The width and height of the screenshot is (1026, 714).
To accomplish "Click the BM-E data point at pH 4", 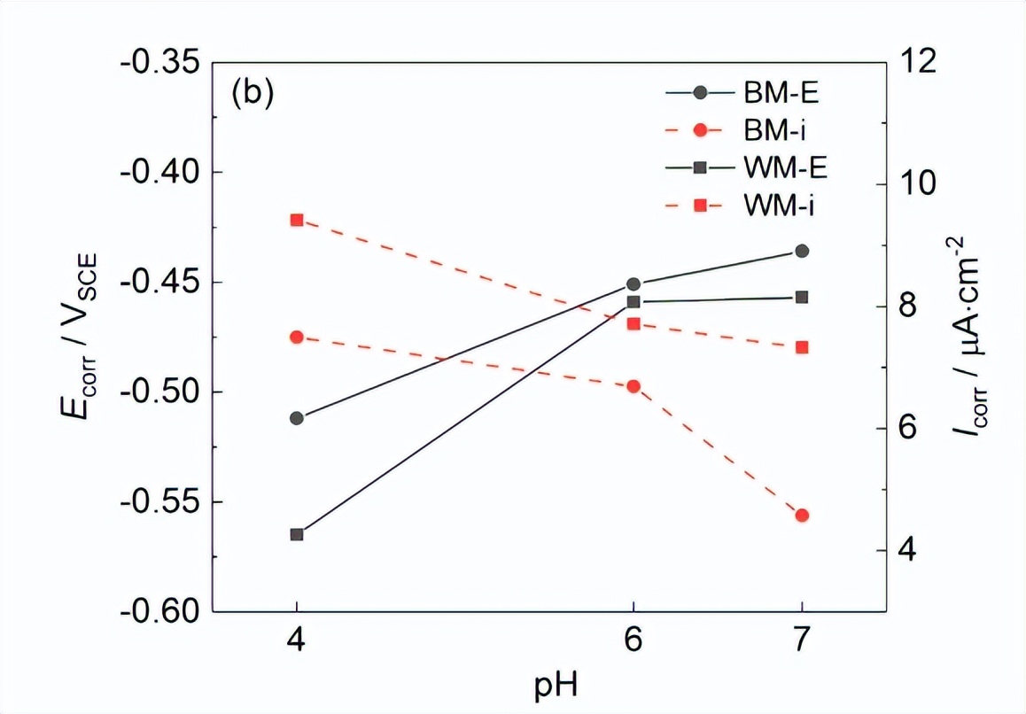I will point(297,418).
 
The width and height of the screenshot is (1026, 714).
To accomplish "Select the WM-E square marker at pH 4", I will point(297,534).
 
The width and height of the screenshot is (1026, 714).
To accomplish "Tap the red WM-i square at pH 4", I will point(297,220).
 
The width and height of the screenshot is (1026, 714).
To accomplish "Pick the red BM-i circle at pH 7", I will point(802,516).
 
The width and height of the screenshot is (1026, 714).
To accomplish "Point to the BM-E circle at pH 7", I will point(802,251).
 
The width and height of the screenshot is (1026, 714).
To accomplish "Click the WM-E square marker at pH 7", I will point(802,297).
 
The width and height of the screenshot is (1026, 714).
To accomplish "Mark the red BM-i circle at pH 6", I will point(633,386).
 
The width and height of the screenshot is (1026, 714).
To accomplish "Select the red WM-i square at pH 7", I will point(802,347).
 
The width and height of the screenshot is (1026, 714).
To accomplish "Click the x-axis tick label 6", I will point(633,640).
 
